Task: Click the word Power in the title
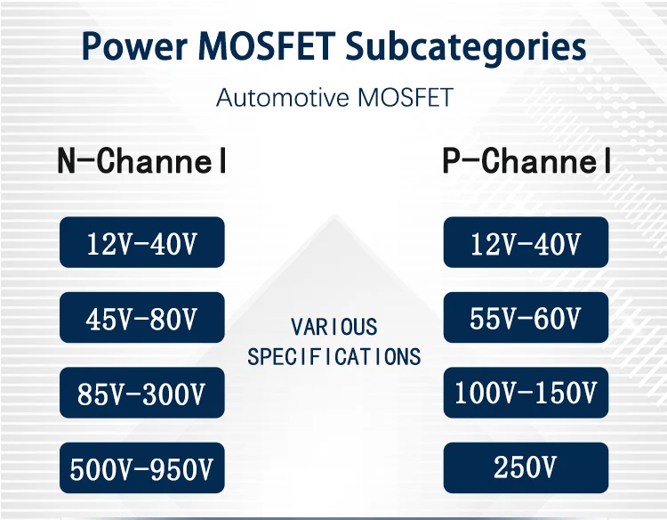[134, 45]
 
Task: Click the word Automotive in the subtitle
[283, 97]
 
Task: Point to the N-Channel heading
[141, 160]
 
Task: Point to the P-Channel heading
[526, 160]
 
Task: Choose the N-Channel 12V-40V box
[142, 242]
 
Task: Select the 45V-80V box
[142, 317]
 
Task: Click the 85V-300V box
[142, 393]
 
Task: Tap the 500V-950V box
[142, 467]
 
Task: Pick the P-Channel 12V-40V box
[526, 242]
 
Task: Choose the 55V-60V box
[526, 317]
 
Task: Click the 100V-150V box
[526, 393]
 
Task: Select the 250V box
[526, 467]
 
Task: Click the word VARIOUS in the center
[333, 327]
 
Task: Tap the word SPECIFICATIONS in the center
[333, 356]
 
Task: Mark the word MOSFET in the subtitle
[406, 97]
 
